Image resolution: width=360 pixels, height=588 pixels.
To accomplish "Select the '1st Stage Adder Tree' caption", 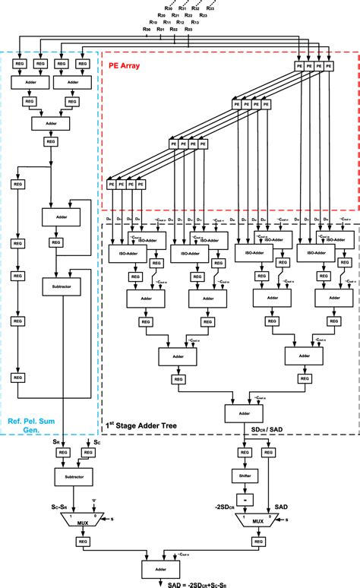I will [142, 426].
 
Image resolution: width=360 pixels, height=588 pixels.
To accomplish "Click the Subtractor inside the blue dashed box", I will [62, 288].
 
